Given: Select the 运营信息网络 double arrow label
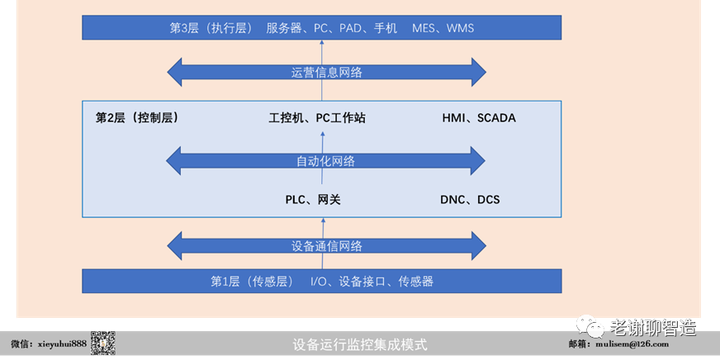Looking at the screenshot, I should click(x=327, y=73).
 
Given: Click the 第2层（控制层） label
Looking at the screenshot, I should click(x=138, y=118).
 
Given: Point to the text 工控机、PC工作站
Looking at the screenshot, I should click(x=317, y=118).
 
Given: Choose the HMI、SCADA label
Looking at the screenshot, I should click(x=479, y=118).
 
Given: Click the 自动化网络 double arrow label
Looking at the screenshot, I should click(x=326, y=161).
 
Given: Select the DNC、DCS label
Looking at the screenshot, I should click(x=470, y=200).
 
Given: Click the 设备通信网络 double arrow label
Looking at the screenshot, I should click(x=327, y=246).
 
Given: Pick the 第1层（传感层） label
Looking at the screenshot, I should click(x=252, y=282).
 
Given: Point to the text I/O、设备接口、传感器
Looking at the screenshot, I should click(x=372, y=282).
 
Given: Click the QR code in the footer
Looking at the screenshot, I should click(x=102, y=343).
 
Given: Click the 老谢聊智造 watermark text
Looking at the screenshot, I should click(x=652, y=327).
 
